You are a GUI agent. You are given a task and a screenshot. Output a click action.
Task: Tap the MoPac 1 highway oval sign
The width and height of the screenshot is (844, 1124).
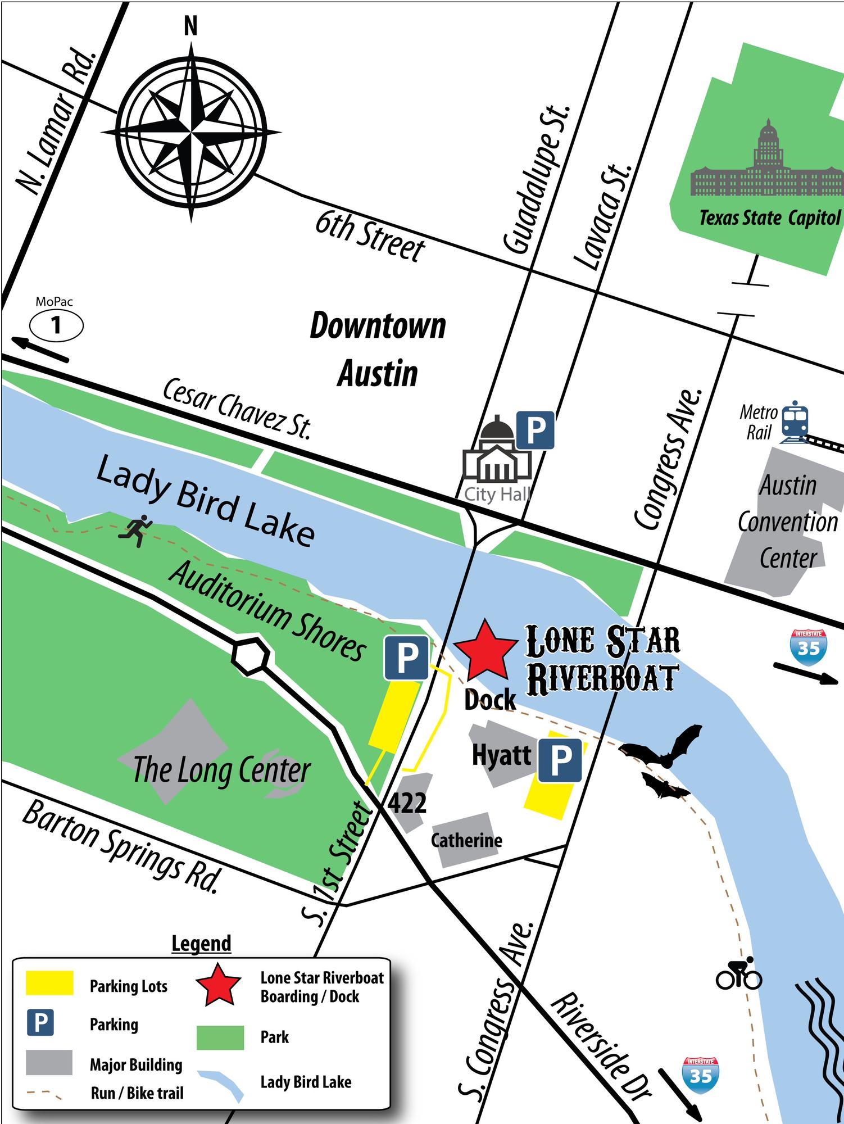coord(56,325)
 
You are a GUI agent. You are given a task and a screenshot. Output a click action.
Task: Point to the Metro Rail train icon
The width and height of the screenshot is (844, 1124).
coord(795,419)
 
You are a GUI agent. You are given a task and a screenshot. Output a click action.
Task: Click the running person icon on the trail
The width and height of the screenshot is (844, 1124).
coord(135,529)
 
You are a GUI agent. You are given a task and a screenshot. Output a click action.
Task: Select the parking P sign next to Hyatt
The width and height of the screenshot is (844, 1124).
coord(560,760)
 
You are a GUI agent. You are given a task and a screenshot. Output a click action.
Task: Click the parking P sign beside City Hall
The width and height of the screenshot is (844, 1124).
coord(535,430)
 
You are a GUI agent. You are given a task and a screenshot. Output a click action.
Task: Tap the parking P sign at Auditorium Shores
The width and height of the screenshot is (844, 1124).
coord(407,658)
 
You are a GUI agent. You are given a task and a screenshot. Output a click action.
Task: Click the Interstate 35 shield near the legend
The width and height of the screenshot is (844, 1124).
coord(701,1074)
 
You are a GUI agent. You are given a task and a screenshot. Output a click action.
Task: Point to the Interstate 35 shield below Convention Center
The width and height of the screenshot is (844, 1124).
coord(808,647)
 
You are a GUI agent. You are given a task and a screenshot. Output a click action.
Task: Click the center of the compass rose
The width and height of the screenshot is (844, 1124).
coord(191,133)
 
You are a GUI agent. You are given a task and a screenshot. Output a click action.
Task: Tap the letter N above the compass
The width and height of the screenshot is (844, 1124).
coord(191,26)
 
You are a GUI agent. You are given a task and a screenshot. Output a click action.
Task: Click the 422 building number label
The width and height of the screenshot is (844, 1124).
coord(407,803)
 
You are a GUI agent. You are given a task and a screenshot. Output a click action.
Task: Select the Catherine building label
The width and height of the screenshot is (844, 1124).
coord(466,840)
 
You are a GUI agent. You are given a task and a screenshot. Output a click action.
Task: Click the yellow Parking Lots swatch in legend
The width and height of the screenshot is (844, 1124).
coord(49,982)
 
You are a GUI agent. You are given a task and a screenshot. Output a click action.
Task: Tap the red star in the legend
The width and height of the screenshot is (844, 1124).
coord(219,985)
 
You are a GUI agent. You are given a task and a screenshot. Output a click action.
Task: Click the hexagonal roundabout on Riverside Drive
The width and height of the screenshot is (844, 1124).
coord(251,655)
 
